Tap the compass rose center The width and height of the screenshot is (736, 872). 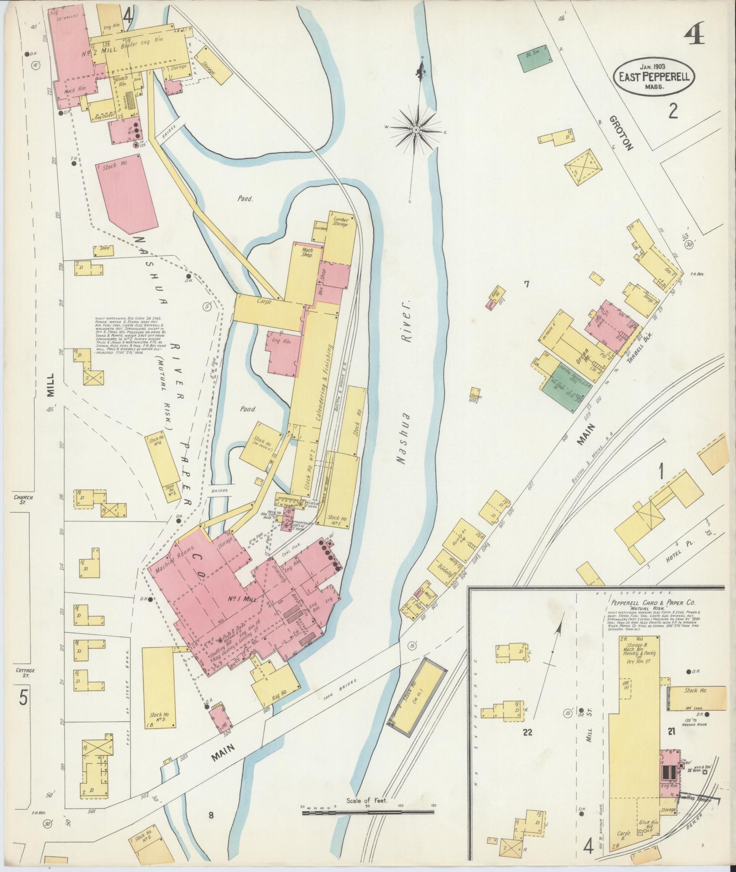tap(416, 130)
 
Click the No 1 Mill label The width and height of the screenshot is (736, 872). tap(247, 599)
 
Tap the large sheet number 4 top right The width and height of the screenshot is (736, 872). tap(694, 34)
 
